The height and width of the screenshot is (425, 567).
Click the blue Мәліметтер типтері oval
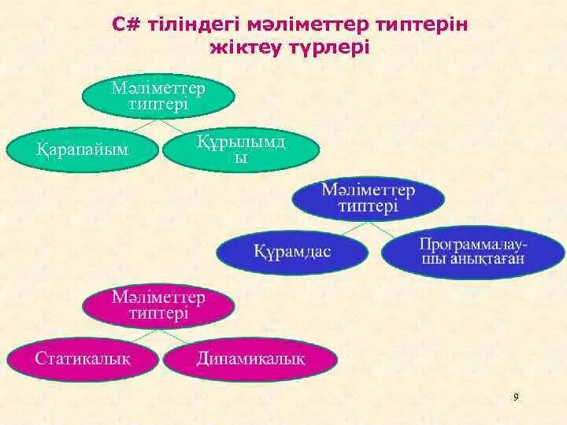[369, 198]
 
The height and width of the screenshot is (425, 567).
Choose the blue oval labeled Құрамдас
[292, 251]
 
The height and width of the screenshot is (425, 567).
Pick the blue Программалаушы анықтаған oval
[472, 253]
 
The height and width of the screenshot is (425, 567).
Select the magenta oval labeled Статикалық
[82, 359]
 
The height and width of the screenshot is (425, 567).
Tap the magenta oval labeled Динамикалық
[250, 359]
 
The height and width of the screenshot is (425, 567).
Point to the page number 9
[516, 397]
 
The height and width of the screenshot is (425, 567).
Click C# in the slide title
[125, 25]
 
